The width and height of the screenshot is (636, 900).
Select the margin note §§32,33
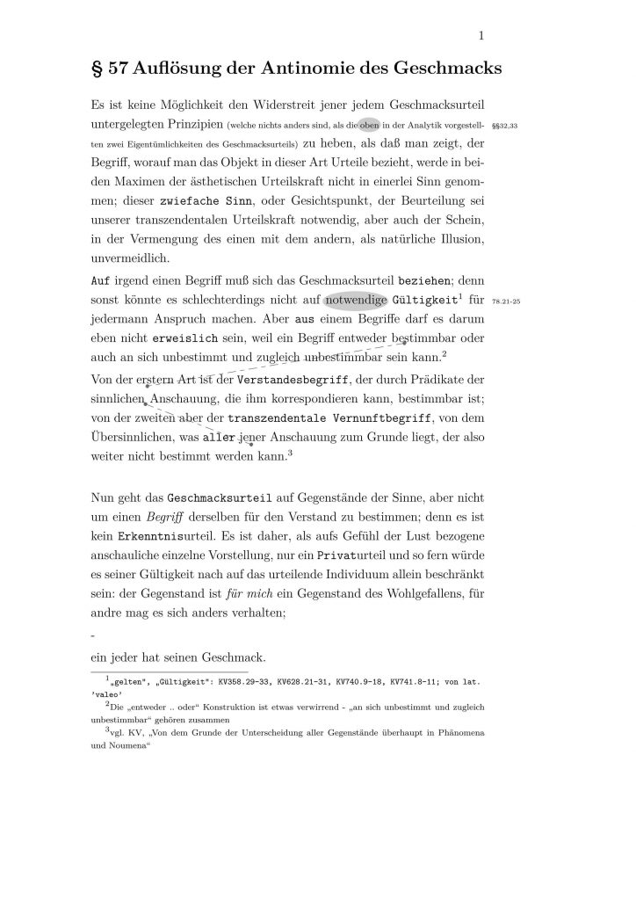[505, 127]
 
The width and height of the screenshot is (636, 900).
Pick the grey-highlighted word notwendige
[356, 301]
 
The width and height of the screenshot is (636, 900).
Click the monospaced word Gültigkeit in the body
[427, 301]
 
